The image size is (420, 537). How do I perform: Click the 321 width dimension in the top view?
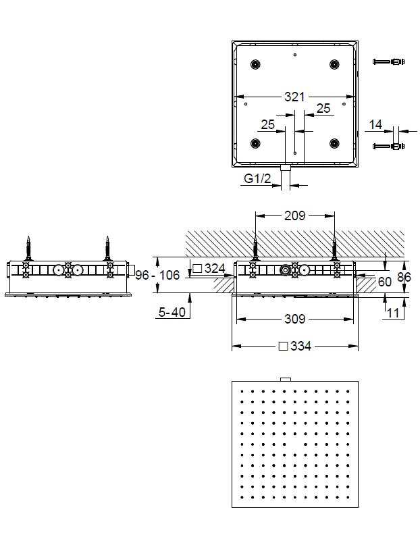294,97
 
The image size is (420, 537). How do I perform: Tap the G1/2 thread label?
257,179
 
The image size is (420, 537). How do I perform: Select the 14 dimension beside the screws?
376,124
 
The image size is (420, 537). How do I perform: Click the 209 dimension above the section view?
294,216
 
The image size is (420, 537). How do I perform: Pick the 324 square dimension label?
209,268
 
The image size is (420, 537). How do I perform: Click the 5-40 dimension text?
172,312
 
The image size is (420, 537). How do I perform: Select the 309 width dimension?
294,318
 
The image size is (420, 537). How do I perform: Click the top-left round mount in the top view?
255,64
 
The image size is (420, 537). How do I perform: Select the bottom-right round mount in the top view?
334,143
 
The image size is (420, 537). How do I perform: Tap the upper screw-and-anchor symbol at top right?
388,63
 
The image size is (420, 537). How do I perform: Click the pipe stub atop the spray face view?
285,378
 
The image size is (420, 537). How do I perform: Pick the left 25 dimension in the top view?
267,124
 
